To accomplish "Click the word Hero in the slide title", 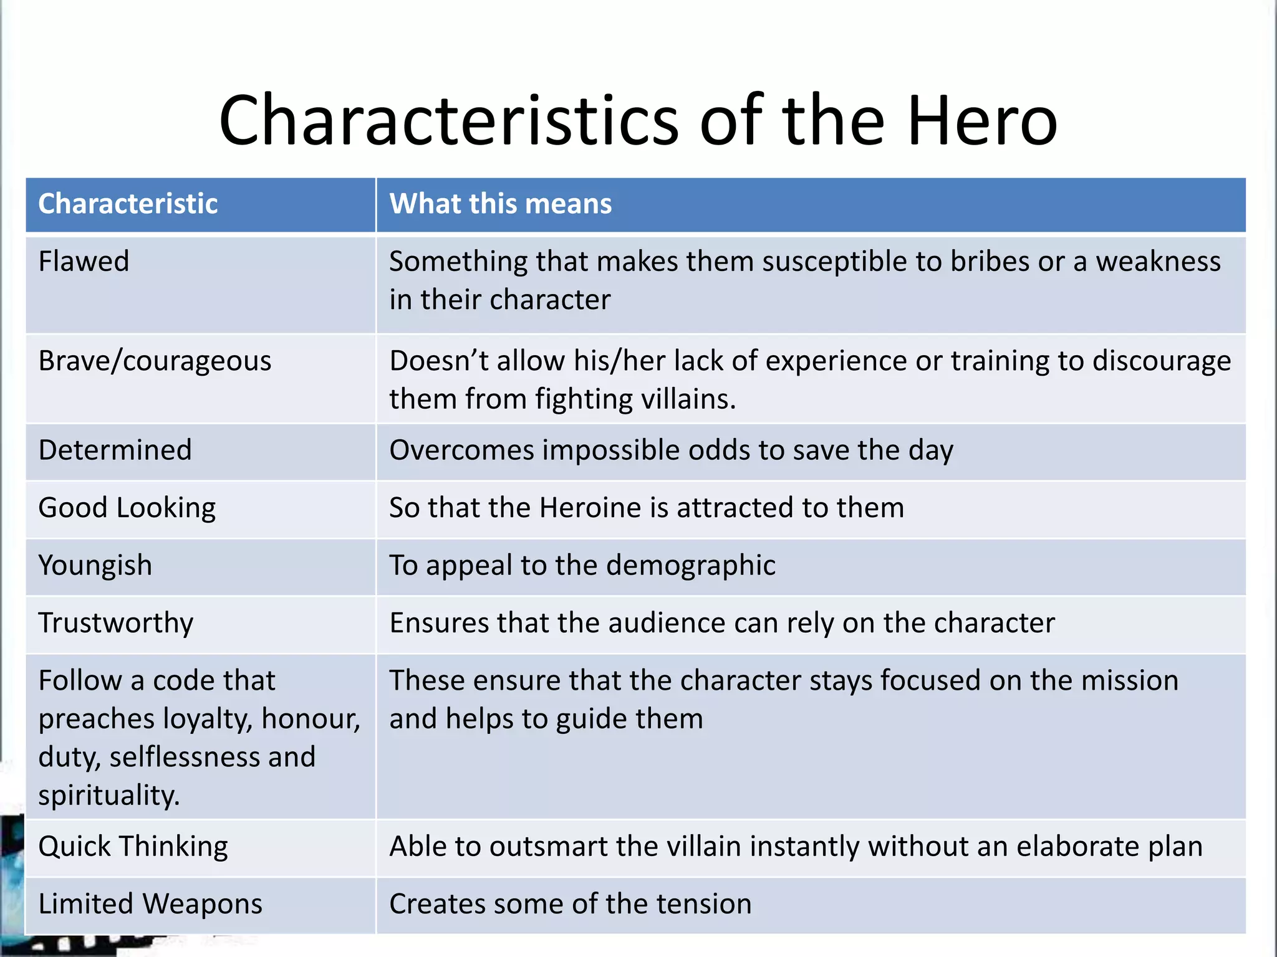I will (x=982, y=120).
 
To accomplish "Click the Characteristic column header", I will (x=128, y=204).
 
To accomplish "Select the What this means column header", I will (x=500, y=204).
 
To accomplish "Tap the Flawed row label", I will (x=84, y=261).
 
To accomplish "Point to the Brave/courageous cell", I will (x=155, y=361).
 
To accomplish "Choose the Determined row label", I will (x=115, y=450).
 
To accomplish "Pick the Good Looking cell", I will (x=127, y=508).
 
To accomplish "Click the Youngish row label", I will (x=95, y=566).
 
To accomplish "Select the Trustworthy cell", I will (x=116, y=623).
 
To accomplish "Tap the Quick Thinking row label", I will (x=133, y=847).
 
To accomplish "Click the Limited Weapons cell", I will (x=150, y=904).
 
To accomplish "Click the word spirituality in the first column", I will (x=108, y=796).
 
